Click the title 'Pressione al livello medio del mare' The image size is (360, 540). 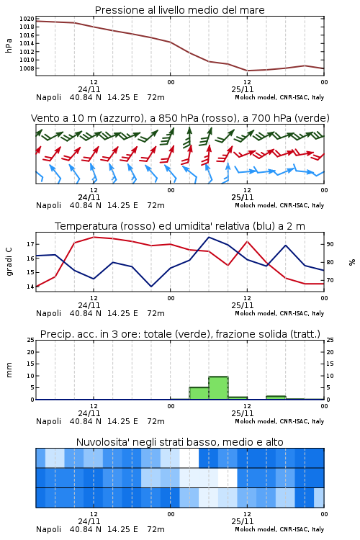click(179, 10)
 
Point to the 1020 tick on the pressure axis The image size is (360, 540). click(27, 19)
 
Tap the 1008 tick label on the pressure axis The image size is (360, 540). click(27, 68)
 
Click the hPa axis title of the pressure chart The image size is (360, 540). click(9, 45)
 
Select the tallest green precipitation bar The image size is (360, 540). click(218, 388)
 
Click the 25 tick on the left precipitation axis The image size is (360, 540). click(31, 340)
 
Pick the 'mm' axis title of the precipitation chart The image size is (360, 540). click(9, 370)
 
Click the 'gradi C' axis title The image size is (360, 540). click(9, 261)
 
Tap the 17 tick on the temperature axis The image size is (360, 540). click(31, 244)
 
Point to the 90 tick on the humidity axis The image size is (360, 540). click(330, 244)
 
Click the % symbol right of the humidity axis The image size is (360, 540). click(352, 262)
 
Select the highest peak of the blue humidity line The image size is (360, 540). click(209, 237)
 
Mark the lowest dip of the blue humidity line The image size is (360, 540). click(151, 287)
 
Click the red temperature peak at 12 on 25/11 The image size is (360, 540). click(247, 241)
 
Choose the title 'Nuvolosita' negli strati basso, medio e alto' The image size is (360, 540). click(179, 442)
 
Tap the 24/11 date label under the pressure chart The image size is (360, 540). click(89, 89)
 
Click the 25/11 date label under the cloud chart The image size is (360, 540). click(243, 521)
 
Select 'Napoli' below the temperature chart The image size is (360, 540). click(48, 313)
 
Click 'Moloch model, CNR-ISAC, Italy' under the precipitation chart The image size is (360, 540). click(279, 421)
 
